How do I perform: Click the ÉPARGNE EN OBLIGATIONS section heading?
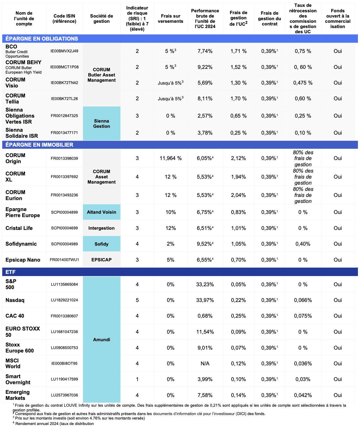42,39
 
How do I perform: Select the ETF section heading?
10,272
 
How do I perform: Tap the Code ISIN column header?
64,19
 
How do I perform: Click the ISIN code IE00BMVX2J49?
64,51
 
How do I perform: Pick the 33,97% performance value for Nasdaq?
205,300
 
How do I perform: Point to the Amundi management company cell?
101,340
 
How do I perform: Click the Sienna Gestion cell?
101,124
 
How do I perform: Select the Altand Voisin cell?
101,212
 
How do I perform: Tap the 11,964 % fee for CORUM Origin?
171,158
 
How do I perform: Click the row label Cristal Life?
19,228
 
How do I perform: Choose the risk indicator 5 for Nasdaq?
137,300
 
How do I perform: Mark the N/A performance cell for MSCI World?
205,363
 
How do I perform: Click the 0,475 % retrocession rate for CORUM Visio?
303,83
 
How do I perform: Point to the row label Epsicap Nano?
23,260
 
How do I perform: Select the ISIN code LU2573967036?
64,395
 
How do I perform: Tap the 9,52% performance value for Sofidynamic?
205,244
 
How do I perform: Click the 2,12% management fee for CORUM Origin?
238,158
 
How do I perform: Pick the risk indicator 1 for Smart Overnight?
137,379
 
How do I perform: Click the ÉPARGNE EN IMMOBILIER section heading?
39,145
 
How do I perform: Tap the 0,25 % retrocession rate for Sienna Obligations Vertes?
303,116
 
